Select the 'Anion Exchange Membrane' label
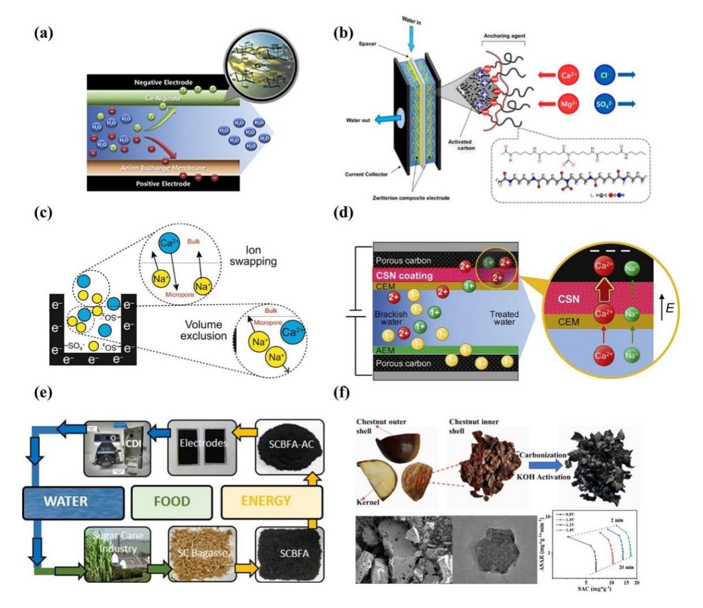click(163, 168)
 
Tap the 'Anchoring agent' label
click(505, 36)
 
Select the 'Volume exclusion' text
click(203, 330)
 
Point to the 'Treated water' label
click(504, 318)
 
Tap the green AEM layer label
click(386, 350)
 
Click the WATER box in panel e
click(73, 501)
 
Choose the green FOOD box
click(172, 501)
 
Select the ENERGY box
click(265, 501)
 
